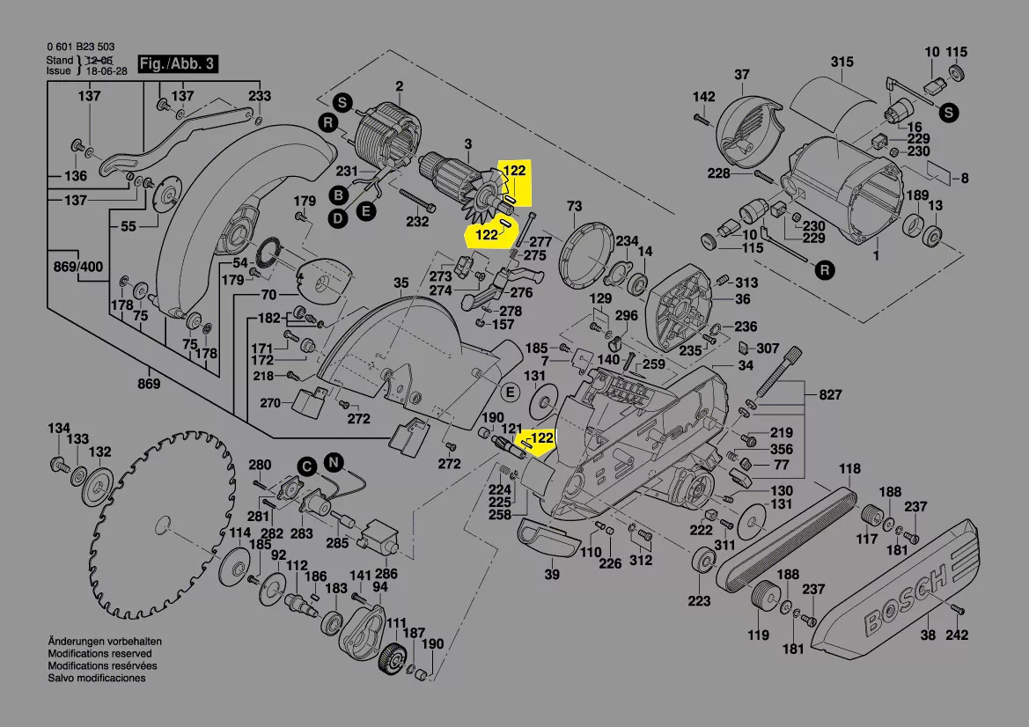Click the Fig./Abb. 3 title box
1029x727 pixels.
point(177,63)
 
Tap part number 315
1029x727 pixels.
point(842,62)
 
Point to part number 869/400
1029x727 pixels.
point(78,267)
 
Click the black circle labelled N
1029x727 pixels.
point(334,463)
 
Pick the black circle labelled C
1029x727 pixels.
point(307,466)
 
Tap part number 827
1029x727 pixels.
point(830,395)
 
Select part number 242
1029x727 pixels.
point(957,635)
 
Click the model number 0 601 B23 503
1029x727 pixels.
point(81,47)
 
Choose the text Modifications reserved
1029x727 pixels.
point(99,654)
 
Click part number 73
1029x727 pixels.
point(574,206)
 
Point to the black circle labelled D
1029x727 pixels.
point(337,218)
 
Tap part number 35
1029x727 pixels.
point(401,283)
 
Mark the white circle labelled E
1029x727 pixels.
point(510,393)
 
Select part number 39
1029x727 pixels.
point(553,574)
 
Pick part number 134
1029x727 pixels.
point(59,429)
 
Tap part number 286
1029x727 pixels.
point(386,574)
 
